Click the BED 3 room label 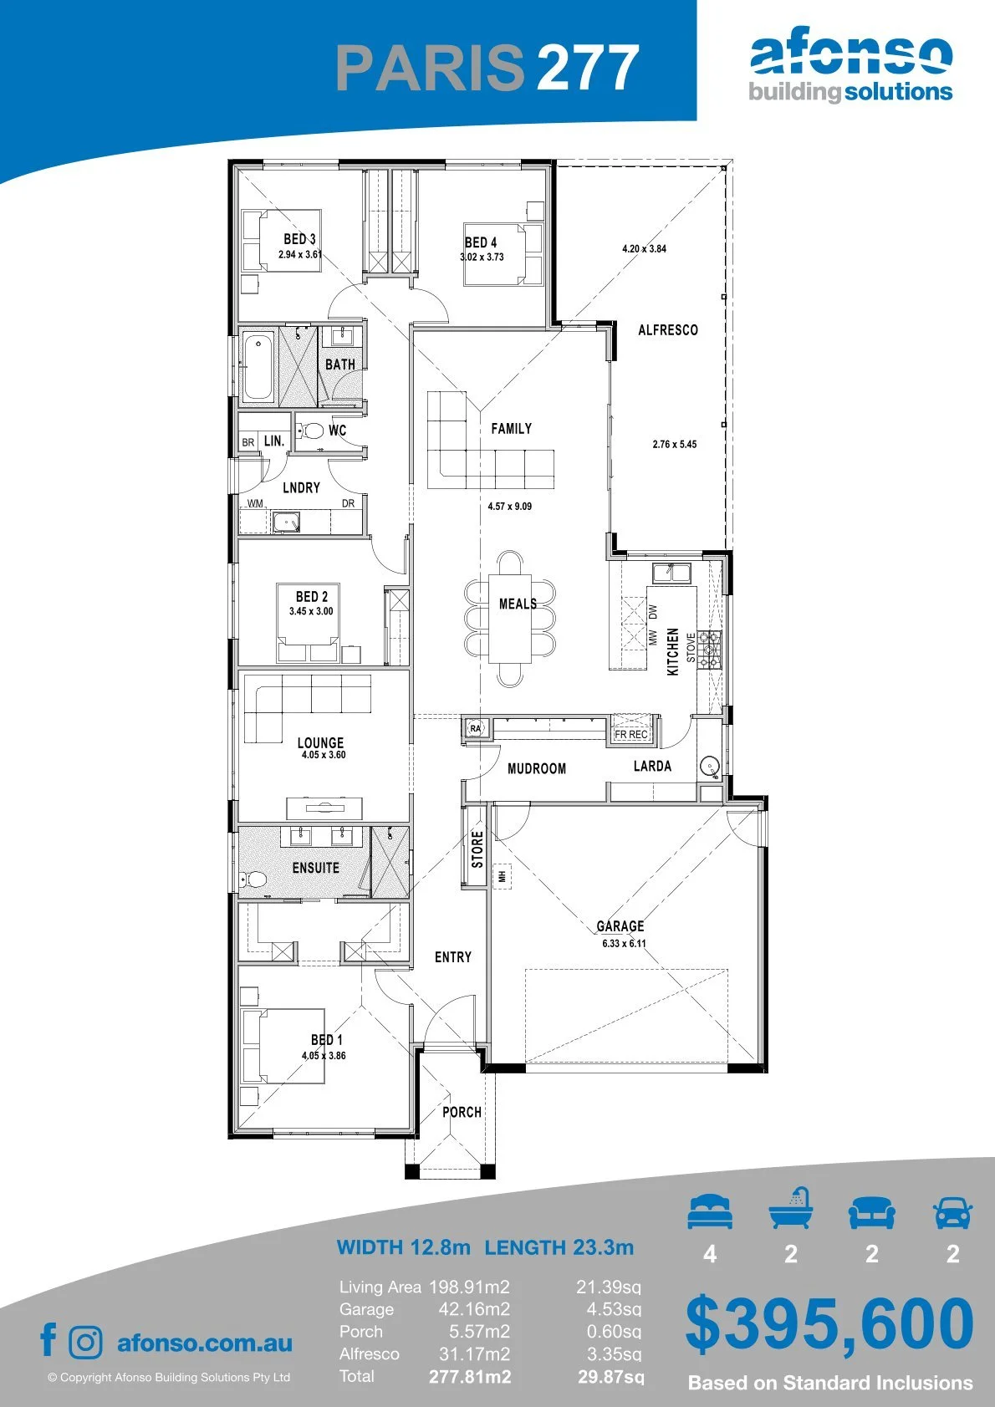299,239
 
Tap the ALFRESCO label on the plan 668,329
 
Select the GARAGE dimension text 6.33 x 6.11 624,943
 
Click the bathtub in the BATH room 258,368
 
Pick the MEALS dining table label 518,604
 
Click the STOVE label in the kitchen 691,647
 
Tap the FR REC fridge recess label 630,734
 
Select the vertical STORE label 477,849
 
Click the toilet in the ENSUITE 253,878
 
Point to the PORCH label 462,1112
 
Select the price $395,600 829,1324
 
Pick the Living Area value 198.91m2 469,1287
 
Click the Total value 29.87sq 610,1377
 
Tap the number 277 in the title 589,67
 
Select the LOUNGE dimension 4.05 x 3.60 324,755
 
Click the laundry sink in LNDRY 287,522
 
